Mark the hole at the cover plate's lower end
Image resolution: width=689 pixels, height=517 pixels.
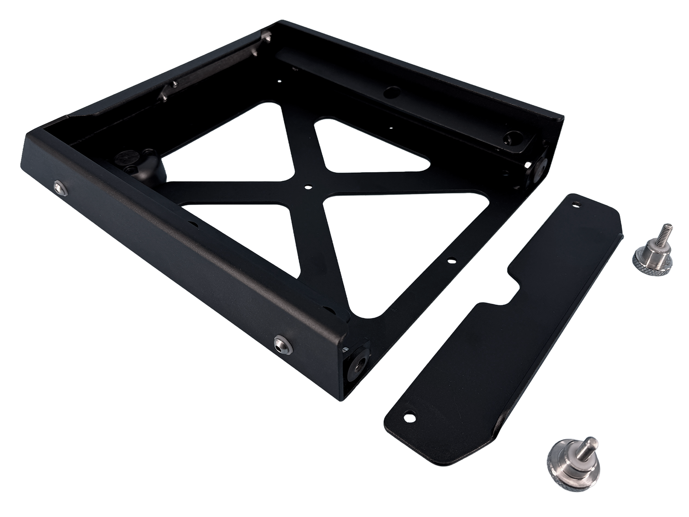tap(407, 417)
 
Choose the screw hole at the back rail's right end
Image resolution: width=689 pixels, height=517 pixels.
tap(512, 136)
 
